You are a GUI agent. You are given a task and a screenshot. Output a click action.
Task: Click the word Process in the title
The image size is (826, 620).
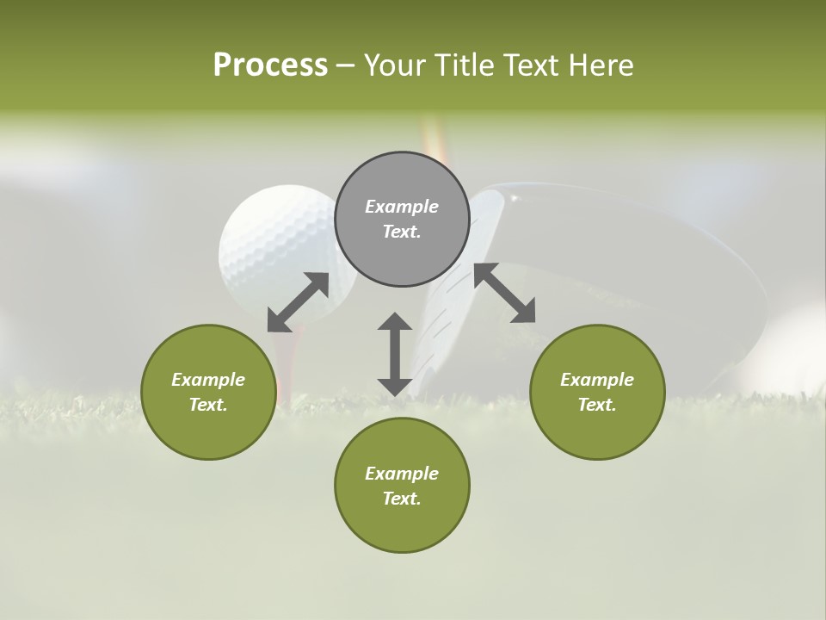270,65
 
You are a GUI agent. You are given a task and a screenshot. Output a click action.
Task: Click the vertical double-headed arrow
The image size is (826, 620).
395,354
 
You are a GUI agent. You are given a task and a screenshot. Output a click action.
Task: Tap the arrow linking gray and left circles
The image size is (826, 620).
298,302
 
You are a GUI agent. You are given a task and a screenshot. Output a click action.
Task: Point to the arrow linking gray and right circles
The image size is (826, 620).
504,293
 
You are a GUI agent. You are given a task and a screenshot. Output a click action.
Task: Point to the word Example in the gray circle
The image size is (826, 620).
402,207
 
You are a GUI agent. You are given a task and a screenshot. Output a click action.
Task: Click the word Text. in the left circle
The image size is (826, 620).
208,405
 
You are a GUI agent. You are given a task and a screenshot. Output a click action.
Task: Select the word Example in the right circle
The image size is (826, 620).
597,380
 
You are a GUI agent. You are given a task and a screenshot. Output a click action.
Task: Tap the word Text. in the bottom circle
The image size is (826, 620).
402,499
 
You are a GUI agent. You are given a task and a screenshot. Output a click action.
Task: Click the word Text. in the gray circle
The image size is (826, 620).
402,232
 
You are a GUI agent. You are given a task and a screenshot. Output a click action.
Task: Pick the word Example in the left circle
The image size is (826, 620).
208,380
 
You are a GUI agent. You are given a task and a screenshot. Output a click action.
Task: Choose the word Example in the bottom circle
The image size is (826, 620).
402,474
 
